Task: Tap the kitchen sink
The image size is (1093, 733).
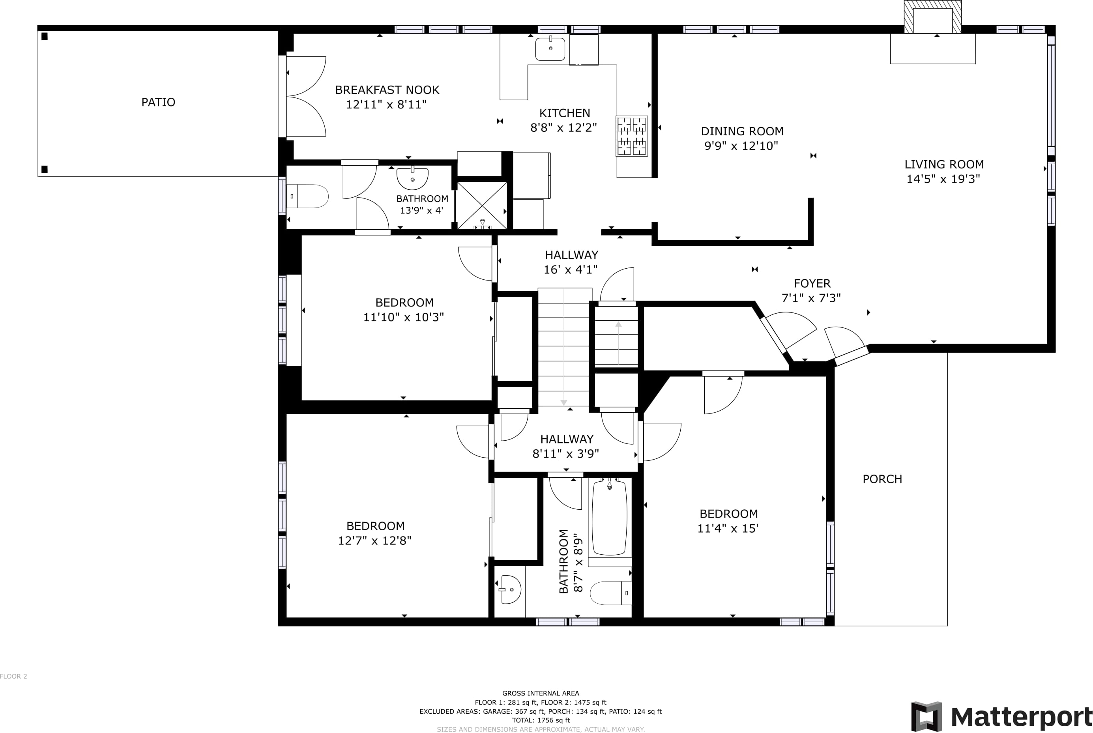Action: [x=550, y=49]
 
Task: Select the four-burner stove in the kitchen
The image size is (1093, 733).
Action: [x=632, y=136]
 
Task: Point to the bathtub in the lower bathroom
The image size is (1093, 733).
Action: [x=610, y=517]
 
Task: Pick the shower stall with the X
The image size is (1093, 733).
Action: [x=481, y=206]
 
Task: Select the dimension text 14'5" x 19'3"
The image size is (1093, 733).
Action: [x=943, y=179]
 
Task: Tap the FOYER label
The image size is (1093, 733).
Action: [x=812, y=283]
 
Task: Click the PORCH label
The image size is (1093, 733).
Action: [x=882, y=479]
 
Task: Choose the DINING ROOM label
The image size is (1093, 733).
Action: [x=742, y=131]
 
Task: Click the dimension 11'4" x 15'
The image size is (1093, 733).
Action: [x=728, y=529]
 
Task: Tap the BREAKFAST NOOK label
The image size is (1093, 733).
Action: [x=387, y=90]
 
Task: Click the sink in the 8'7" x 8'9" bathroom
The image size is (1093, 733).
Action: [x=509, y=589]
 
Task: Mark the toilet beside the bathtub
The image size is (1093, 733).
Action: [x=611, y=593]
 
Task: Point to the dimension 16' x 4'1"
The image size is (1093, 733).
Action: [x=570, y=270]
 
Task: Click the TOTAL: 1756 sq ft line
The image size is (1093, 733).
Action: [x=541, y=720]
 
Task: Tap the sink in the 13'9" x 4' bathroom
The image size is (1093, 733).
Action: [x=412, y=178]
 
